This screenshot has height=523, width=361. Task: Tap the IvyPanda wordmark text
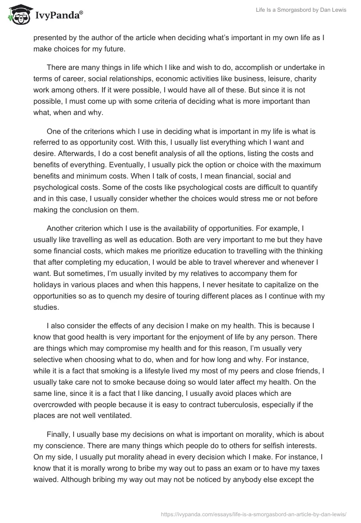tap(59, 15)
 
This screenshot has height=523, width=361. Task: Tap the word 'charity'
tap(312, 79)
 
